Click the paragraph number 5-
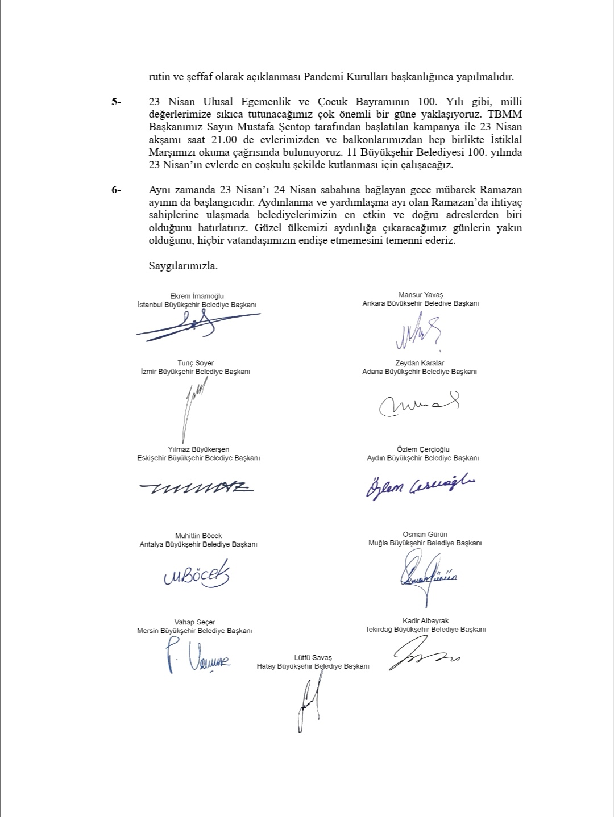tap(116, 102)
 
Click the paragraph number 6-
tap(116, 190)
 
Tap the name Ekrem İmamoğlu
tap(197, 296)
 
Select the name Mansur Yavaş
tap(421, 295)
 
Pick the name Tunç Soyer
tap(196, 363)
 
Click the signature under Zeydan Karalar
tap(420, 403)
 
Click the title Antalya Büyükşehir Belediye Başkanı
tap(198, 544)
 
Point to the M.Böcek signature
tap(197, 575)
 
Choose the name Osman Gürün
tap(425, 535)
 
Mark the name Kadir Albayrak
tap(425, 621)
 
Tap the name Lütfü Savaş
tap(313, 657)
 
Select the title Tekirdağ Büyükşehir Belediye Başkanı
tap(425, 630)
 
